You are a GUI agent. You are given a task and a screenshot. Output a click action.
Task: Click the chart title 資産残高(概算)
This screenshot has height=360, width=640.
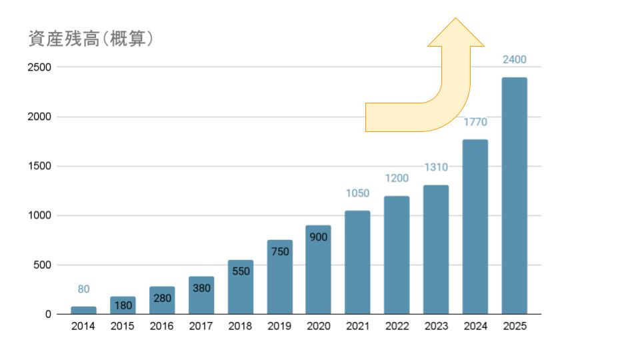[91, 40]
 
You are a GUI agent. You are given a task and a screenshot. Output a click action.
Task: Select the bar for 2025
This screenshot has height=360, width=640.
[514, 196]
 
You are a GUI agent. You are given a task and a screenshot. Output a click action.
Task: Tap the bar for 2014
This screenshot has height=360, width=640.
[83, 310]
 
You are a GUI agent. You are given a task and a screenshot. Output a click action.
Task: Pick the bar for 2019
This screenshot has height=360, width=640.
[279, 277]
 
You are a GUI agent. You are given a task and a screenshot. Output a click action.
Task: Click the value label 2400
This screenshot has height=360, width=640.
[514, 59]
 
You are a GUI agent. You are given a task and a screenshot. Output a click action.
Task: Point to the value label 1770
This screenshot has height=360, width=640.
[475, 122]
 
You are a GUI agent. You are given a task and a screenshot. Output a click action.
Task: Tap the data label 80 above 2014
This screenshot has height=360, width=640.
[83, 289]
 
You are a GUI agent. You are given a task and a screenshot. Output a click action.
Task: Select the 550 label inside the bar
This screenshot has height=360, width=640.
[241, 271]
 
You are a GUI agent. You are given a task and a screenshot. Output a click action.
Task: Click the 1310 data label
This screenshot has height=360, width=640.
[436, 167]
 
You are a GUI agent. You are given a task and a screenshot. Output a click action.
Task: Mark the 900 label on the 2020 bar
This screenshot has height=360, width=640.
[319, 237]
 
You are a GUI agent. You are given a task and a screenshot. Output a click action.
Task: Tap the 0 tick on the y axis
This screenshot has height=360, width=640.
[48, 315]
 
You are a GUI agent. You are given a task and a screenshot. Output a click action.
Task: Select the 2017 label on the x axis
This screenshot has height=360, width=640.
[201, 327]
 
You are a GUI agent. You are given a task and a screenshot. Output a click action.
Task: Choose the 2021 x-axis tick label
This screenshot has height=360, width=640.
[357, 327]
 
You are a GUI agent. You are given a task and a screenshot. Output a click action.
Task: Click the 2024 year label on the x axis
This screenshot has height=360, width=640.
[475, 327]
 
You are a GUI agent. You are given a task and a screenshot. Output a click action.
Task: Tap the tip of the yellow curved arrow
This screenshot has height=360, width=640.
[456, 19]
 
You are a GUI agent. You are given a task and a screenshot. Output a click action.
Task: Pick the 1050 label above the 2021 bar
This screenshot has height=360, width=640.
[357, 193]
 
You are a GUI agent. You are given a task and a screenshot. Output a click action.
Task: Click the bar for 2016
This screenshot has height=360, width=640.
[162, 301]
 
